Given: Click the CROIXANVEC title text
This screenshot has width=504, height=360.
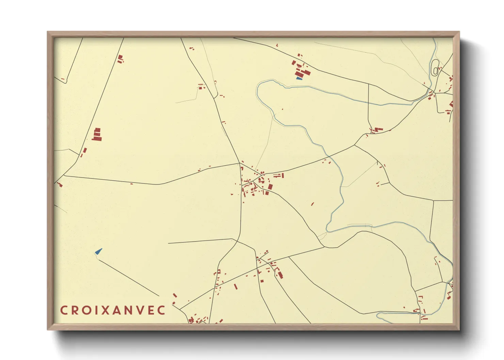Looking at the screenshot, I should pyautogui.click(x=113, y=310).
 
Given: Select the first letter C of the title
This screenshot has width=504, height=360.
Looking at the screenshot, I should pyautogui.click(x=63, y=310).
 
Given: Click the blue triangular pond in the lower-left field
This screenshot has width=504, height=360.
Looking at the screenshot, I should pyautogui.click(x=99, y=252).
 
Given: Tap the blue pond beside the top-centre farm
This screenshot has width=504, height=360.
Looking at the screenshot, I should pyautogui.click(x=299, y=78).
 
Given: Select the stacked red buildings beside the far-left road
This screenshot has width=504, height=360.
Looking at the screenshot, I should pyautogui.click(x=97, y=135).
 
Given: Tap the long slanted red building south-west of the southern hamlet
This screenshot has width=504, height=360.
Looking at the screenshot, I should pyautogui.click(x=235, y=287).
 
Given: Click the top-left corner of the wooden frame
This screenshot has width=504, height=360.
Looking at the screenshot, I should pyautogui.click(x=48, y=32).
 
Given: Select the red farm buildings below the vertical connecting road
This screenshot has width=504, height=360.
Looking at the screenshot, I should pyautogui.click(x=377, y=130).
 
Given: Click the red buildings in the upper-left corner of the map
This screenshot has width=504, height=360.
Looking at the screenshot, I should pyautogui.click(x=120, y=59).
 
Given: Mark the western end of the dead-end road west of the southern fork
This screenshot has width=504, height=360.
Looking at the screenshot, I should pyautogui.click(x=168, y=243).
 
